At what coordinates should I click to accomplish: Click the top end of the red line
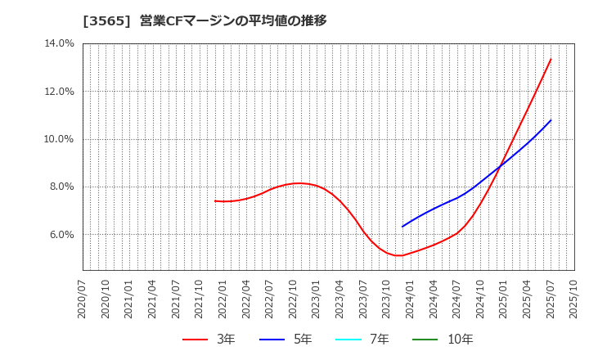click(x=551, y=59)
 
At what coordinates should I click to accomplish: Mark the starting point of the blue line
click(x=402, y=227)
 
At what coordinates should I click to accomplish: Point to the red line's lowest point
click(x=398, y=255)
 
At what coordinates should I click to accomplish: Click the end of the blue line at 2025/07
click(x=551, y=120)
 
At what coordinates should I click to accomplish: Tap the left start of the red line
click(x=215, y=200)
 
